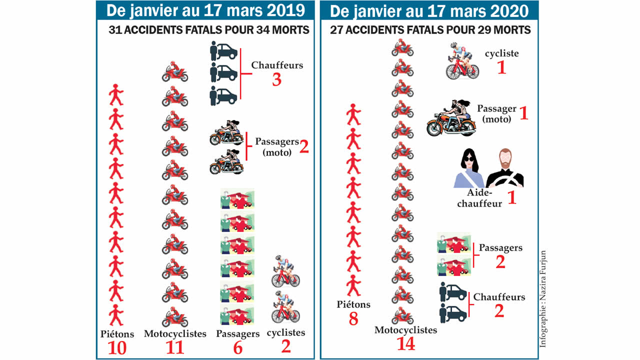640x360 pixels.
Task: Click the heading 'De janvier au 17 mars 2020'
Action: pyautogui.click(x=429, y=10)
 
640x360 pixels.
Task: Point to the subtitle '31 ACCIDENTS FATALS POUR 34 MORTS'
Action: pyautogui.click(x=209, y=30)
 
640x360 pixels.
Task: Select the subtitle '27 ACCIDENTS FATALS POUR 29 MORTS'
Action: pyautogui.click(x=430, y=30)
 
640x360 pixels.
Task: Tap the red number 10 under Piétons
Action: pyautogui.click(x=115, y=348)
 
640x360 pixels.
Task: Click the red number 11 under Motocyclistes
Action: pyautogui.click(x=175, y=348)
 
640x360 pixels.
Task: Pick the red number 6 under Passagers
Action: pyautogui.click(x=238, y=348)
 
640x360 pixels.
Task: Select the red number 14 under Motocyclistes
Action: pyautogui.click(x=405, y=345)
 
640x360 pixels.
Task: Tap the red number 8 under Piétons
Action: pyautogui.click(x=353, y=319)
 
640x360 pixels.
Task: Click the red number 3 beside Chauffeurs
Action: pyautogui.click(x=276, y=80)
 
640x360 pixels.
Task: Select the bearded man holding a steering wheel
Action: pyautogui.click(x=505, y=168)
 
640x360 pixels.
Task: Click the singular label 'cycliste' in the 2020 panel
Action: pyautogui.click(x=501, y=53)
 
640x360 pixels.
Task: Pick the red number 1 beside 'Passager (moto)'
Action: pyautogui.click(x=523, y=113)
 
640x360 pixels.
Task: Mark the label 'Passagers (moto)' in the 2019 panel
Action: pyautogui.click(x=276, y=146)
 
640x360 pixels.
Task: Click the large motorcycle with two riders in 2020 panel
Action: pyautogui.click(x=451, y=119)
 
